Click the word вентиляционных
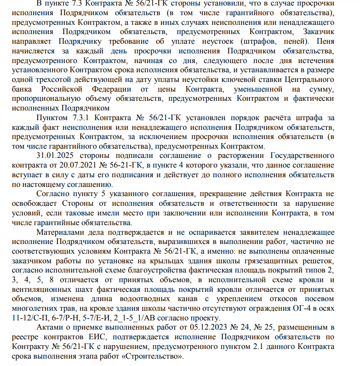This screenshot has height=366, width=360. point(45,289)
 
